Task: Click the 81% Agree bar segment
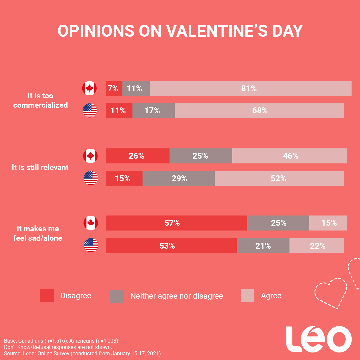coord(250,89)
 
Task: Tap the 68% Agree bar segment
coord(259,111)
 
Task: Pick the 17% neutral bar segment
coord(153,111)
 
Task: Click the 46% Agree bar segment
coord(289,156)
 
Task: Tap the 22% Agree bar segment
coord(316,246)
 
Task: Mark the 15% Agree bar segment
coord(328,223)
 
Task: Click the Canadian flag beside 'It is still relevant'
coord(90,156)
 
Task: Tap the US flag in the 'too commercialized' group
coord(90,110)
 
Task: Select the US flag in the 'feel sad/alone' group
coord(91,245)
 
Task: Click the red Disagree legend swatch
coord(47,295)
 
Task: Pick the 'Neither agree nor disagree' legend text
coord(176,296)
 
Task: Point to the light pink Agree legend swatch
coord(247,295)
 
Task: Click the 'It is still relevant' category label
coord(40,167)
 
